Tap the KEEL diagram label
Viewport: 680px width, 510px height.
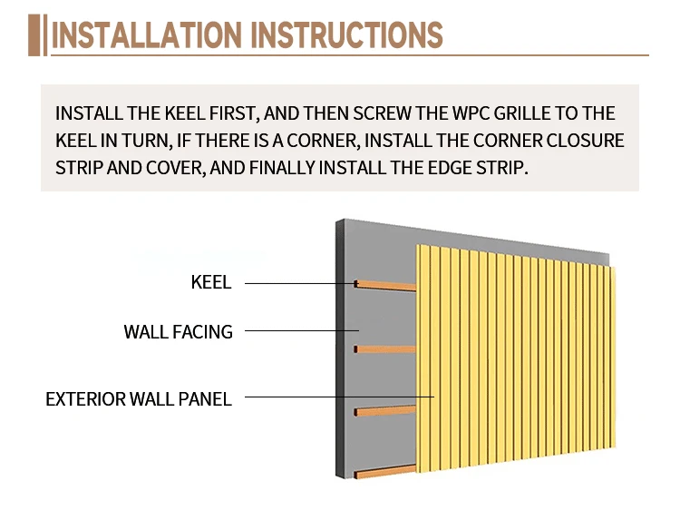click(x=211, y=282)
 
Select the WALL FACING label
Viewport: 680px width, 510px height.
click(x=179, y=332)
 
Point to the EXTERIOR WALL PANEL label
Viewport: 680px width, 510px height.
click(x=139, y=398)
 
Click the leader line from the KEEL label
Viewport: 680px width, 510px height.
click(x=299, y=283)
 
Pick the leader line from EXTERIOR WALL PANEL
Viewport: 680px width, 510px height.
click(x=335, y=397)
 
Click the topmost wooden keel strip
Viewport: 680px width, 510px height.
click(x=386, y=286)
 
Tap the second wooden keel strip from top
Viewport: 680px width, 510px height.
click(x=386, y=348)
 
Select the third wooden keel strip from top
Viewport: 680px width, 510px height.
click(x=386, y=411)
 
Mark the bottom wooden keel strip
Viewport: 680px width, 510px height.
click(x=386, y=473)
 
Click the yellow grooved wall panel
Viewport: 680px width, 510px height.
click(x=517, y=354)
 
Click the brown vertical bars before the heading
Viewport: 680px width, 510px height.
click(x=37, y=34)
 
